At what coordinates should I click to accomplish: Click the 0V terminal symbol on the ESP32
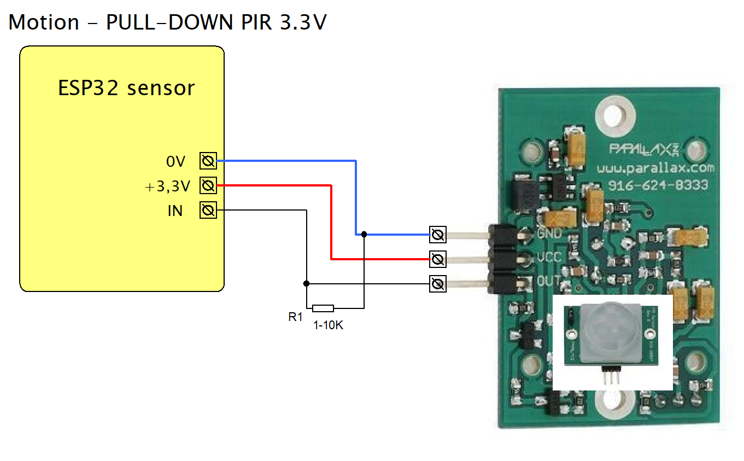(208, 161)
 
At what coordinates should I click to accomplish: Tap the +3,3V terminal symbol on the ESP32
(208, 186)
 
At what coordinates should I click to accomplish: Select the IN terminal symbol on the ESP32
(208, 211)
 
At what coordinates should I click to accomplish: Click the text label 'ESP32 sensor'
(126, 88)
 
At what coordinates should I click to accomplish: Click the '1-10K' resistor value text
(328, 325)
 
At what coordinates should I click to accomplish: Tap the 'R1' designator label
(295, 317)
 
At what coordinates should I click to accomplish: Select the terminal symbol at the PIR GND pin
(437, 235)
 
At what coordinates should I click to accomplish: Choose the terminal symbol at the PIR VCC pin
(437, 258)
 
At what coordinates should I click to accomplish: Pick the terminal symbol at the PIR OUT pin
(437, 283)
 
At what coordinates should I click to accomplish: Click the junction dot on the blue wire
(364, 234)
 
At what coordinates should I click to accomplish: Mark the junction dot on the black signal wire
(306, 283)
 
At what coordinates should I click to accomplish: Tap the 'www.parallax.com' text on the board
(655, 168)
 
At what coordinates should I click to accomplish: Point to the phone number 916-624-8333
(658, 185)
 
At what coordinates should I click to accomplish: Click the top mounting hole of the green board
(616, 117)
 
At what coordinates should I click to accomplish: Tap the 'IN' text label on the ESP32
(175, 211)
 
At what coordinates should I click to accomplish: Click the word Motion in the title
(44, 22)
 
